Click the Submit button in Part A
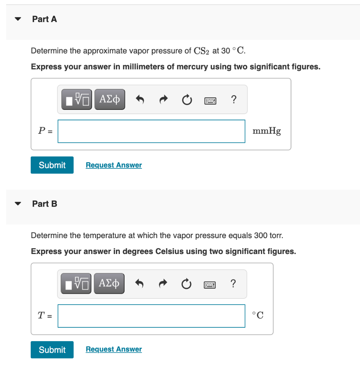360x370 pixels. pos(52,165)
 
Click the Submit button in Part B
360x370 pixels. pos(52,350)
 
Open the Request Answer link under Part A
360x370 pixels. pos(114,165)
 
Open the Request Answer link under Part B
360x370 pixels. pos(114,349)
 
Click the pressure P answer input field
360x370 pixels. pos(151,131)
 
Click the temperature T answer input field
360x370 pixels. pos(151,316)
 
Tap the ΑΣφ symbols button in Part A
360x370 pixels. pos(110,99)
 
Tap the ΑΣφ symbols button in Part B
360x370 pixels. pos(109,284)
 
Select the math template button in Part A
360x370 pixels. pos(77,99)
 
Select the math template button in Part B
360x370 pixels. pos(77,284)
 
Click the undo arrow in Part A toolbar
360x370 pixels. pos(140,99)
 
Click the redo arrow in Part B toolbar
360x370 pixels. pos(163,284)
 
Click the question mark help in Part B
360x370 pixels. pos(233,284)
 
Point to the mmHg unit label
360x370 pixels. pos(266,131)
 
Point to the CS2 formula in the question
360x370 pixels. pos(201,51)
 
